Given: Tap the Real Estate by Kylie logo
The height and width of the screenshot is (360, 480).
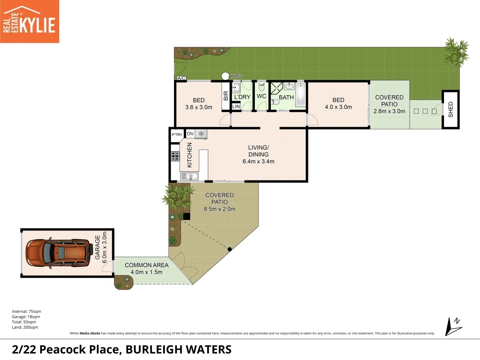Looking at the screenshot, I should (x=30, y=21).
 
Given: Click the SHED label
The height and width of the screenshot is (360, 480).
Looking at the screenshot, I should (x=451, y=110).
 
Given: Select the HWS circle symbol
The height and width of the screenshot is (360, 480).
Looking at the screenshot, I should (x=226, y=76).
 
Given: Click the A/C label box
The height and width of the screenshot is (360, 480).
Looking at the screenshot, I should (x=181, y=78).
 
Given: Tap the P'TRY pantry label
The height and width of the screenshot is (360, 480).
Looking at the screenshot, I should (x=177, y=134).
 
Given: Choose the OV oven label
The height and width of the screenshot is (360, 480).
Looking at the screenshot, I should (x=190, y=134).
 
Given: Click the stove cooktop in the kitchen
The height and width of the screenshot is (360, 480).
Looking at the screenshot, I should (x=175, y=156).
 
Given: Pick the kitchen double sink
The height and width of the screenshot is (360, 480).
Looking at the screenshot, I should (x=190, y=176).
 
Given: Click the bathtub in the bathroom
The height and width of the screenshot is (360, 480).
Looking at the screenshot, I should (x=300, y=94).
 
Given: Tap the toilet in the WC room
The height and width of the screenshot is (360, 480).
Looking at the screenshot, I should (x=262, y=86).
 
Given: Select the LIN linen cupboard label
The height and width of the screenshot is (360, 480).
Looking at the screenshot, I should (x=236, y=106).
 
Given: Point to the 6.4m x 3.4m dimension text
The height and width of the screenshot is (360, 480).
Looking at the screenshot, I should (x=258, y=162).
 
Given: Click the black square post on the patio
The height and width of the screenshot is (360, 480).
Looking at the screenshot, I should (x=186, y=216).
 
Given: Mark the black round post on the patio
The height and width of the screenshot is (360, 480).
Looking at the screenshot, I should (x=230, y=250).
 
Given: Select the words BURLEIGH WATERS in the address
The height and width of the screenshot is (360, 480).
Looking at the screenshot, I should (x=178, y=350).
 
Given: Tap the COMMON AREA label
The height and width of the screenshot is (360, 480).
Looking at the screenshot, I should (x=146, y=265).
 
